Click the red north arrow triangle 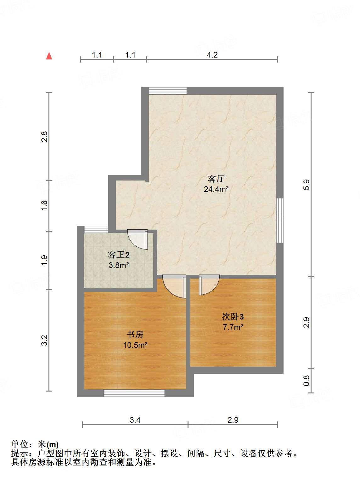[x=49, y=56]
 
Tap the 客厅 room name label [x=216, y=179]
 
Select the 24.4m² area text [x=216, y=189]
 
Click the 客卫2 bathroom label [x=118, y=254]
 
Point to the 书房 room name [x=135, y=334]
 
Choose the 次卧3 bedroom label [x=233, y=316]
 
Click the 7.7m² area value [x=233, y=327]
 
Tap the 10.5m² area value [x=135, y=345]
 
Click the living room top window [x=168, y=91]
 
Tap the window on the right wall [x=280, y=220]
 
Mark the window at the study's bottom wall [x=134, y=393]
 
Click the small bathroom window [x=96, y=229]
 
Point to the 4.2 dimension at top [x=212, y=55]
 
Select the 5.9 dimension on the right [x=307, y=184]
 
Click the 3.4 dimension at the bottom [x=135, y=420]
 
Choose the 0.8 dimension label [x=307, y=381]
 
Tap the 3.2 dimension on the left [x=45, y=340]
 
